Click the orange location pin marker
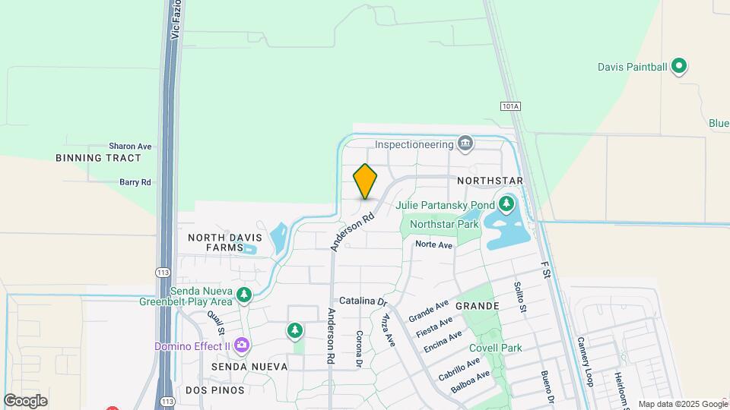tap(365, 181)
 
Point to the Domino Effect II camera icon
tap(242, 346)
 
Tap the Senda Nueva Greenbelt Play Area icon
tap(243, 294)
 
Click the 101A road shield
tap(510, 107)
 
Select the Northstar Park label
tap(444, 224)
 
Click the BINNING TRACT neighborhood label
tap(99, 158)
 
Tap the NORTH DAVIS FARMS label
tap(216, 242)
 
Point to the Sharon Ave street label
tap(130, 146)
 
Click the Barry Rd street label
tap(135, 182)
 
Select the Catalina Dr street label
tap(363, 301)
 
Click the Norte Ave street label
tap(434, 244)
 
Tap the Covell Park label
tap(495, 348)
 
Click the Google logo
tap(25, 400)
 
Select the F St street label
tap(544, 270)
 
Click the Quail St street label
tap(216, 323)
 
